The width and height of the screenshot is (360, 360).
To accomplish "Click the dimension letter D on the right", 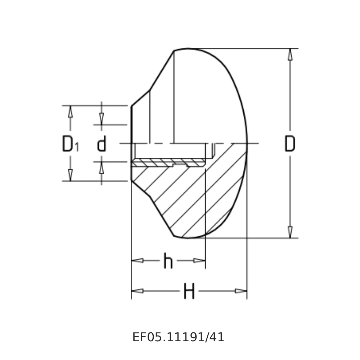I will (x=290, y=144).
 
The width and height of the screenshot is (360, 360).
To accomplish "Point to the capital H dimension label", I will (x=189, y=291).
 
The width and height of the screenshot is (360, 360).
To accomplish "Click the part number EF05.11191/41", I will (x=178, y=337).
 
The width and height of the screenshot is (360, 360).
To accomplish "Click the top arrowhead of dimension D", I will (x=290, y=54).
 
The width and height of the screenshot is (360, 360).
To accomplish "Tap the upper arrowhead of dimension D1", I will (x=71, y=112).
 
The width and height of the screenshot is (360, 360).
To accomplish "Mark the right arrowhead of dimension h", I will (x=199, y=261).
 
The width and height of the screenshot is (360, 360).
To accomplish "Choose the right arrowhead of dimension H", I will (x=241, y=291).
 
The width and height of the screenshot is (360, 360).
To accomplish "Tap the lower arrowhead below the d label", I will (x=102, y=168).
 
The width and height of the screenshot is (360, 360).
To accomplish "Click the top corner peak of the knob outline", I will (x=174, y=51).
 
